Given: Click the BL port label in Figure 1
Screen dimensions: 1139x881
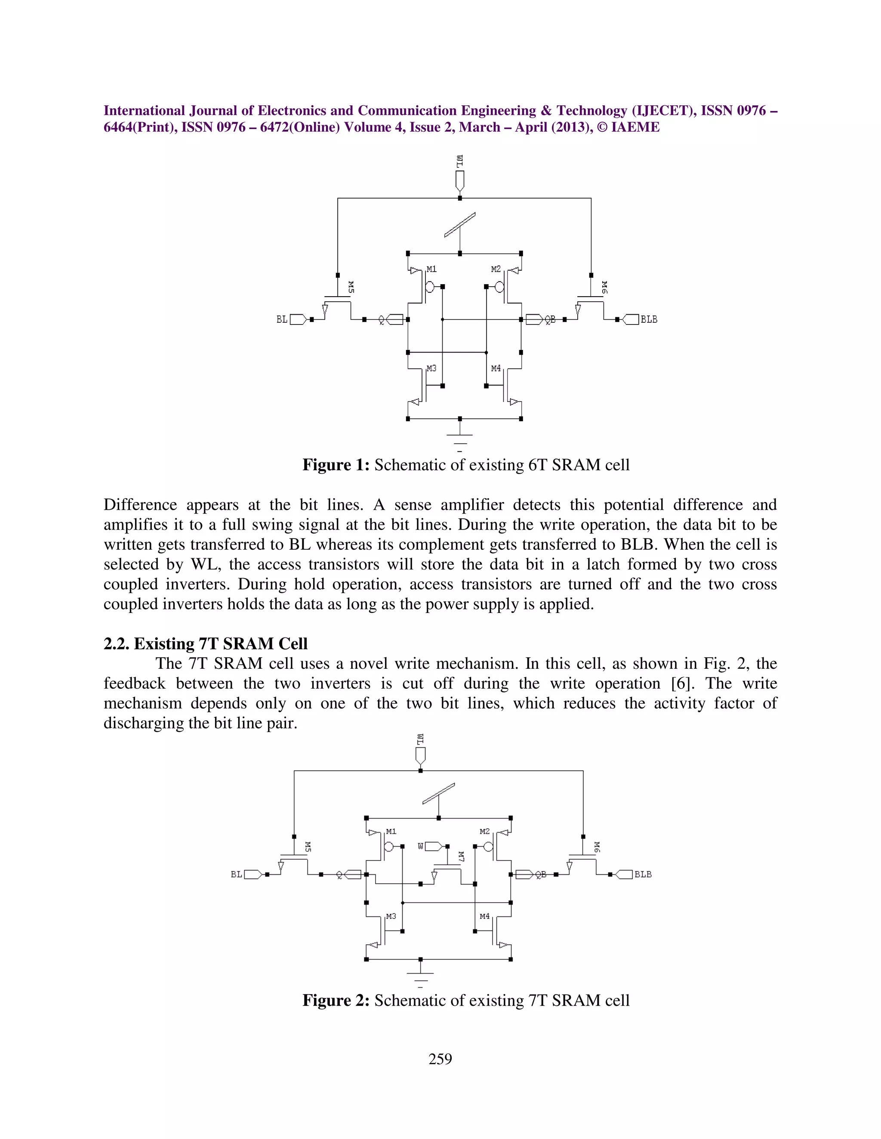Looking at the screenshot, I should [282, 320].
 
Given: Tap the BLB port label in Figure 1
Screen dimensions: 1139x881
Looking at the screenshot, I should [649, 320].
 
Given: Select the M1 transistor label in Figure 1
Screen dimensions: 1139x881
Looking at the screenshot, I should [431, 269].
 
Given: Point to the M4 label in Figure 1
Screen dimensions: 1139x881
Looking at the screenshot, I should [496, 369].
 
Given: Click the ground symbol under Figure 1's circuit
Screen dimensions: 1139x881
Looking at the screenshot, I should [460, 438].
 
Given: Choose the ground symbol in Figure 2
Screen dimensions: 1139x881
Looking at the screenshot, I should [421, 976].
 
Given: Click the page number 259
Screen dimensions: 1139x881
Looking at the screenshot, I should [440, 1059].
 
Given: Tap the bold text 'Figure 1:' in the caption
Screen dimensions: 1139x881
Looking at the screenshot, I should [336, 465].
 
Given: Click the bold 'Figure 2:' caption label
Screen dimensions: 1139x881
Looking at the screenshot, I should [336, 1000].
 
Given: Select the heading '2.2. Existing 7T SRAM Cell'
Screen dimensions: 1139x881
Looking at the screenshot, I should [206, 643].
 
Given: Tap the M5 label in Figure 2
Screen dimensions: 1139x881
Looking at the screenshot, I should [308, 847].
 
